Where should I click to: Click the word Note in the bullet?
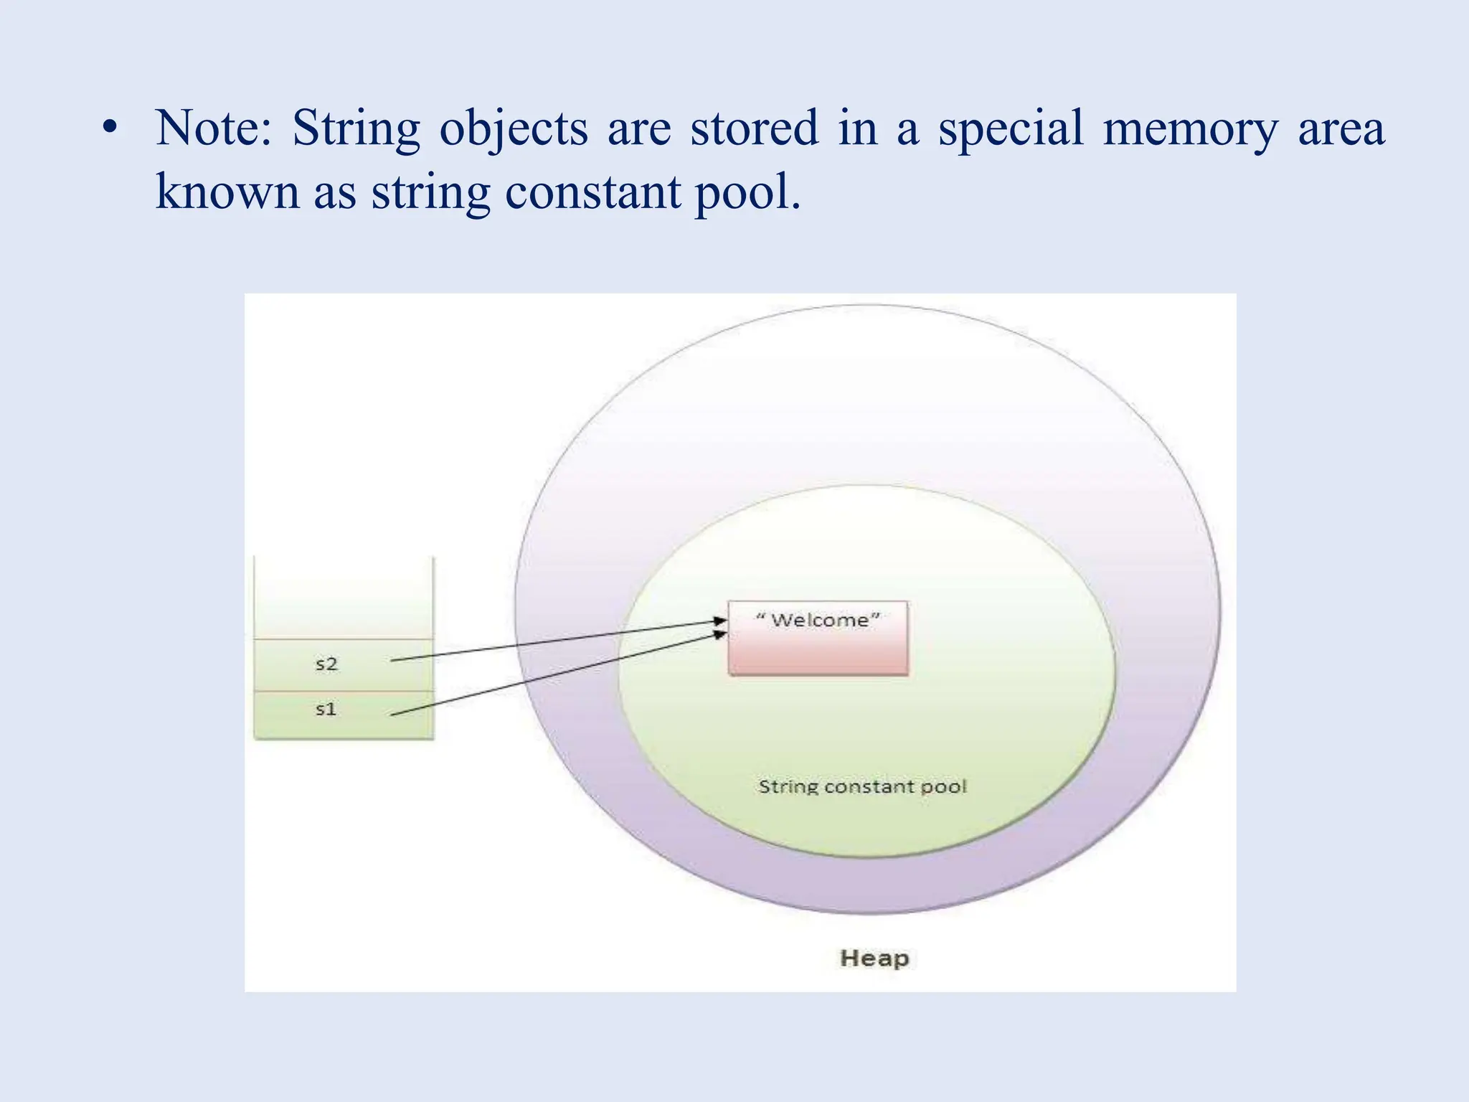click(213, 128)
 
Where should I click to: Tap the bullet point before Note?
click(109, 128)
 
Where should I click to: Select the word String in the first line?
click(356, 129)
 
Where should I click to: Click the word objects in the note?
click(514, 129)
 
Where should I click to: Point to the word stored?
click(754, 128)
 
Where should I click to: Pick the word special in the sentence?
click(1011, 129)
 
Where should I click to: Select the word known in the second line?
click(227, 192)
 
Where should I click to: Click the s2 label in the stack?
click(326, 664)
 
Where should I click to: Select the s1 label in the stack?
click(326, 710)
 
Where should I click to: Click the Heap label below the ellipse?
click(874, 958)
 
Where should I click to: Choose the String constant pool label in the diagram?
click(863, 787)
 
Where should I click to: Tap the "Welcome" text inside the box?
click(818, 620)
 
